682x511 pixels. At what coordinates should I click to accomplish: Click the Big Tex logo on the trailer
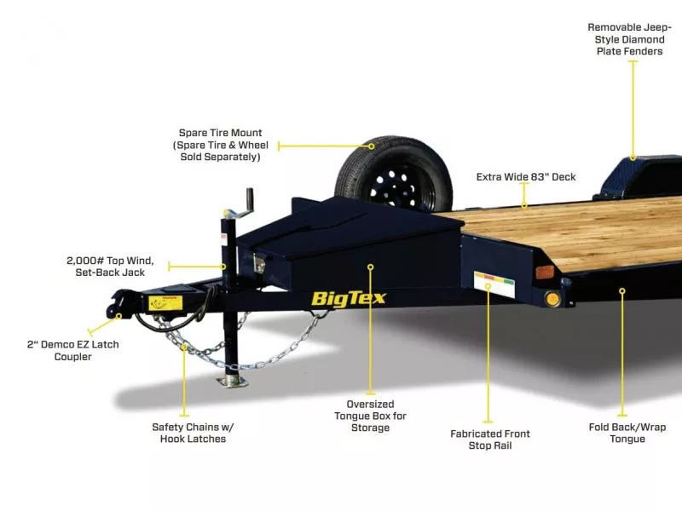(348, 298)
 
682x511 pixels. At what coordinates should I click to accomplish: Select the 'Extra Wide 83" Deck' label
(525, 177)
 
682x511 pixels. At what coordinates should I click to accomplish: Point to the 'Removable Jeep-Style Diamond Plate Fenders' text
(630, 39)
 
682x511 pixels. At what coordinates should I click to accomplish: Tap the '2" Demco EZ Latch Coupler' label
(72, 350)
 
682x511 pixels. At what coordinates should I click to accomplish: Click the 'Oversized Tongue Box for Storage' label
(370, 416)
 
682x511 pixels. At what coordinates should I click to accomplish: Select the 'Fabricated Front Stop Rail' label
(490, 439)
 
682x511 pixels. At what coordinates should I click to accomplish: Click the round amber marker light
(551, 299)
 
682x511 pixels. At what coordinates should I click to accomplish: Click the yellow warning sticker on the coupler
(159, 302)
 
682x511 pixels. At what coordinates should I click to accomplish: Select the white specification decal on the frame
(494, 283)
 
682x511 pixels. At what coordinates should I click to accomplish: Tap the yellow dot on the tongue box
(371, 267)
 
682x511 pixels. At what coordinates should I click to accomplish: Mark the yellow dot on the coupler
(118, 315)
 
